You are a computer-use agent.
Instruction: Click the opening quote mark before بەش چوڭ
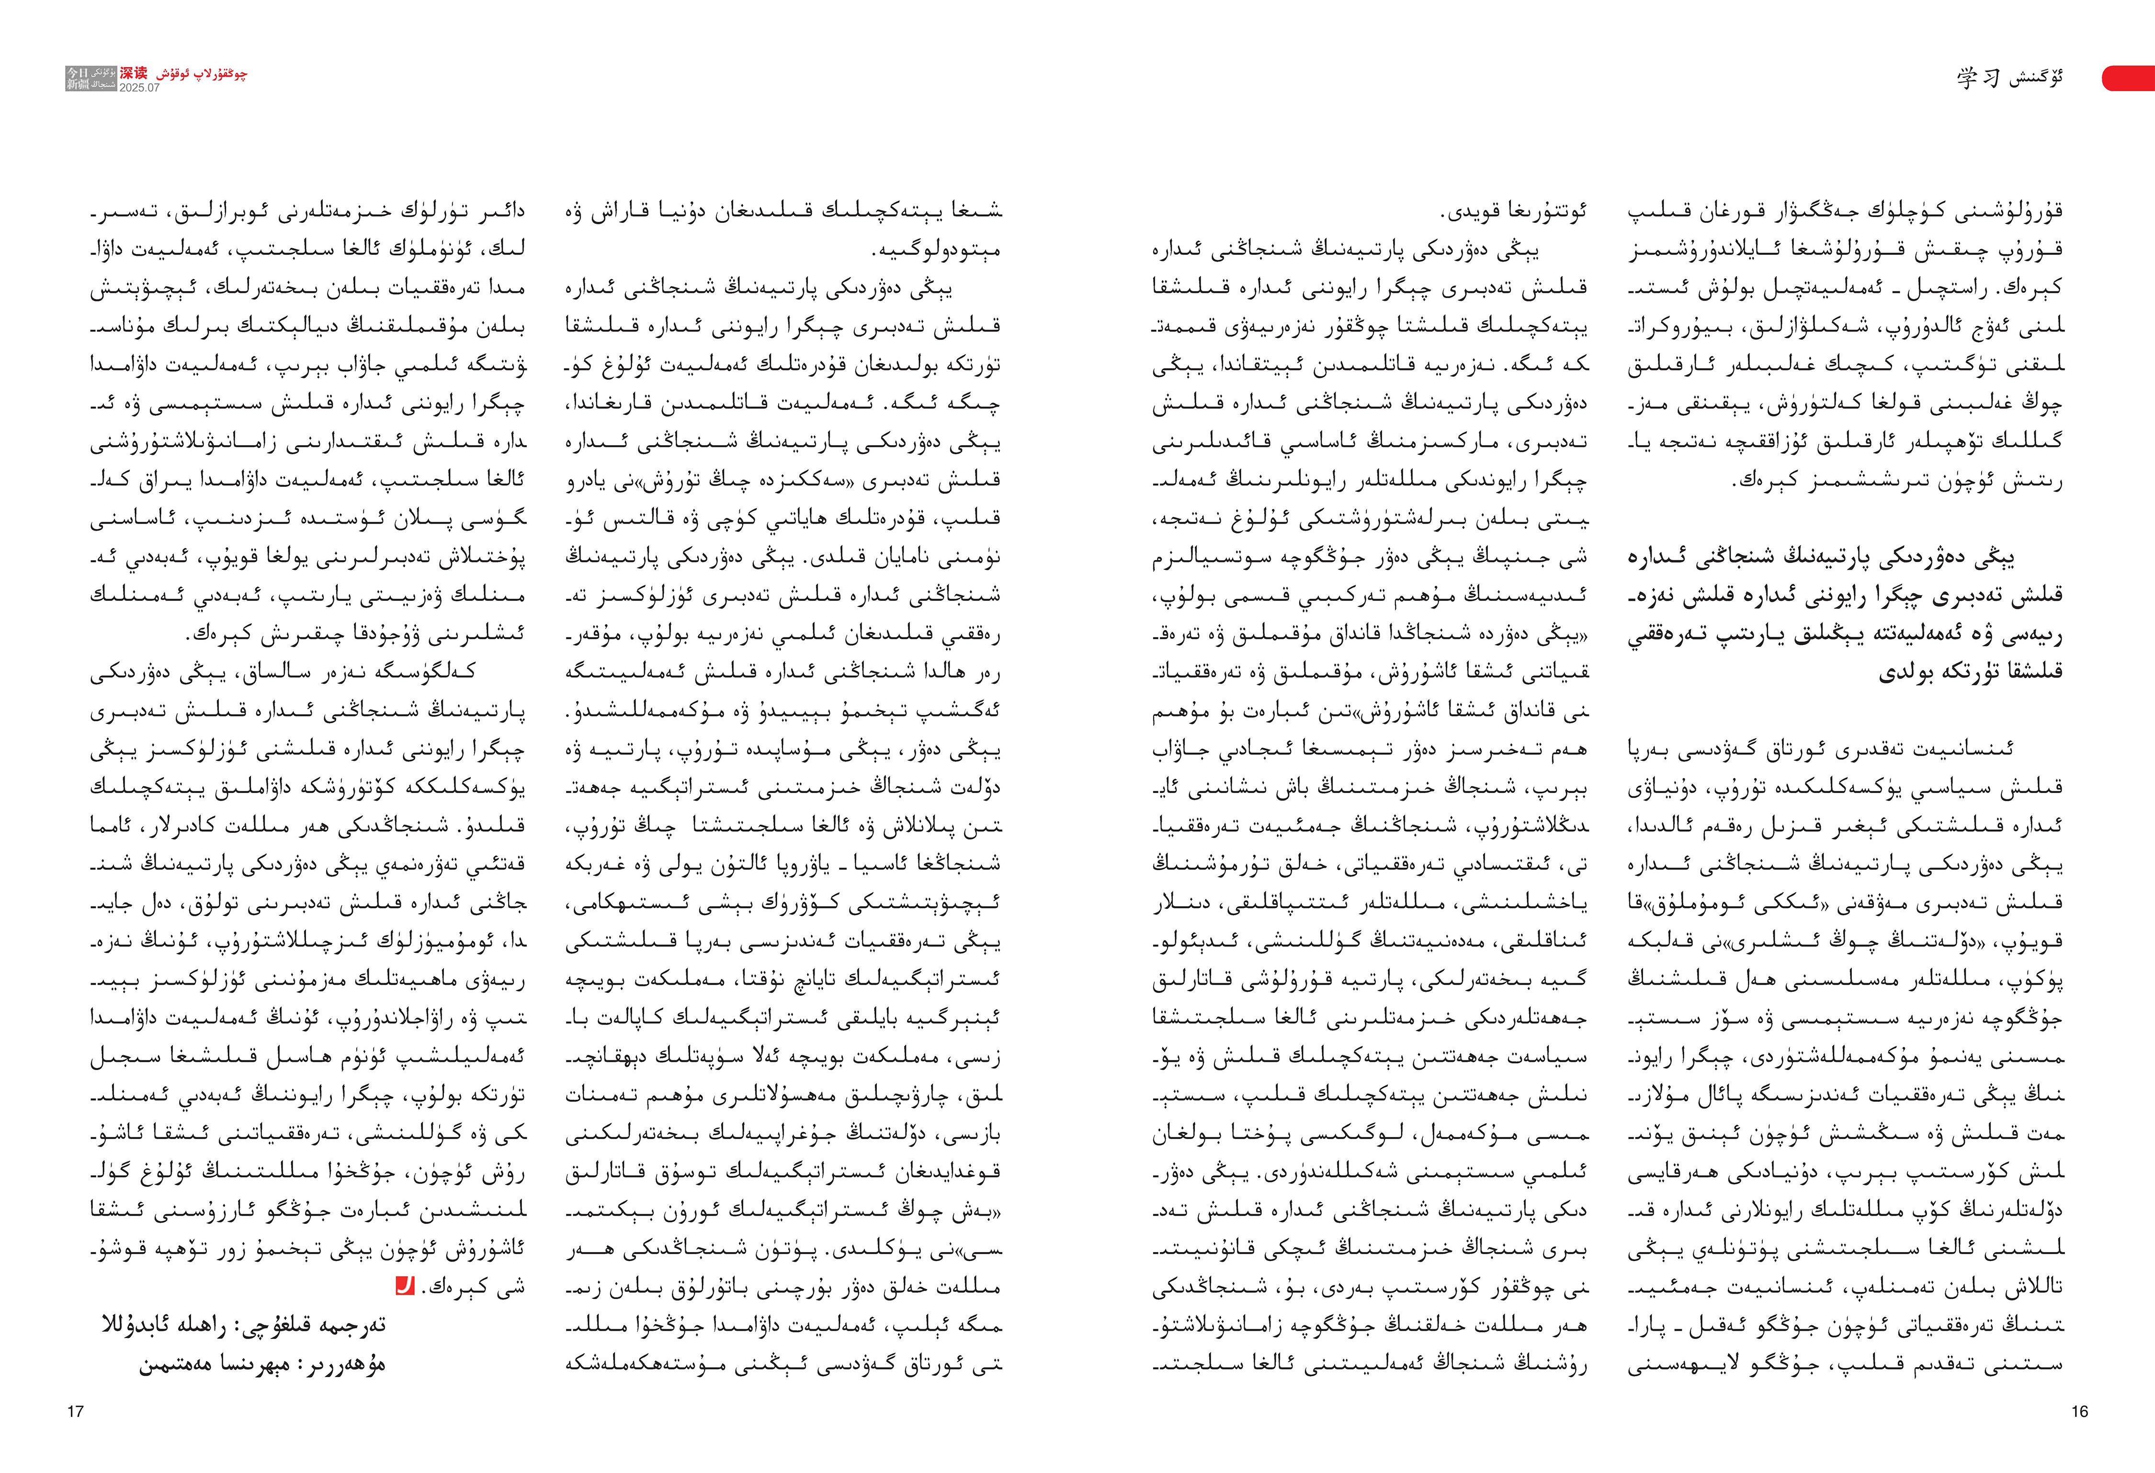997,1210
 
